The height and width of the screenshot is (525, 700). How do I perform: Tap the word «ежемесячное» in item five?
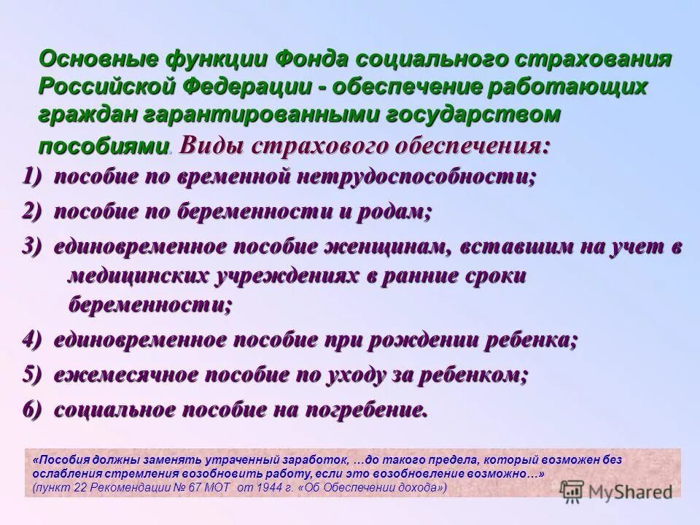126,376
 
